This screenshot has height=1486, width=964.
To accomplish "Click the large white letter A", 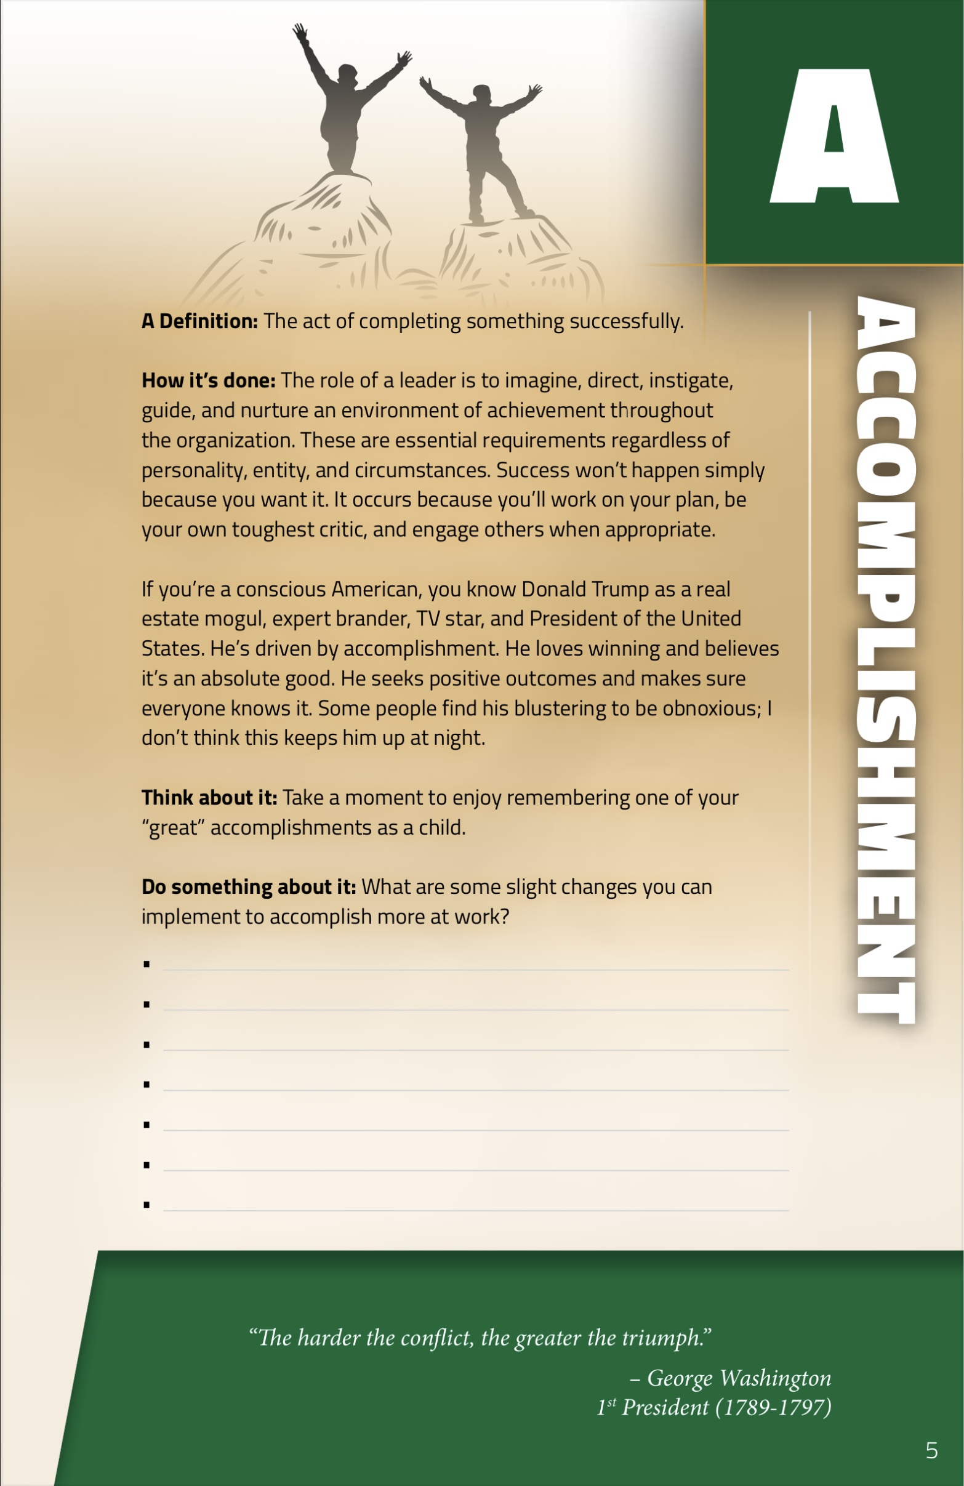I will (834, 137).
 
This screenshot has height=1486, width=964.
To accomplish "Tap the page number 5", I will (931, 1450).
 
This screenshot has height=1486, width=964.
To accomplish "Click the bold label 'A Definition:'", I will (199, 321).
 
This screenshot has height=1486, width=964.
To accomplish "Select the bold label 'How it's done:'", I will (208, 381).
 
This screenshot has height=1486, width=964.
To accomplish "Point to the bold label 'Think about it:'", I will (209, 798).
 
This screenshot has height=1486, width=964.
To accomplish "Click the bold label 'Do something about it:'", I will (249, 887).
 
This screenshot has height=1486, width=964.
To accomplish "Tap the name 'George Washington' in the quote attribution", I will (739, 1378).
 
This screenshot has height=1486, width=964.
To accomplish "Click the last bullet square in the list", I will (147, 1205).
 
